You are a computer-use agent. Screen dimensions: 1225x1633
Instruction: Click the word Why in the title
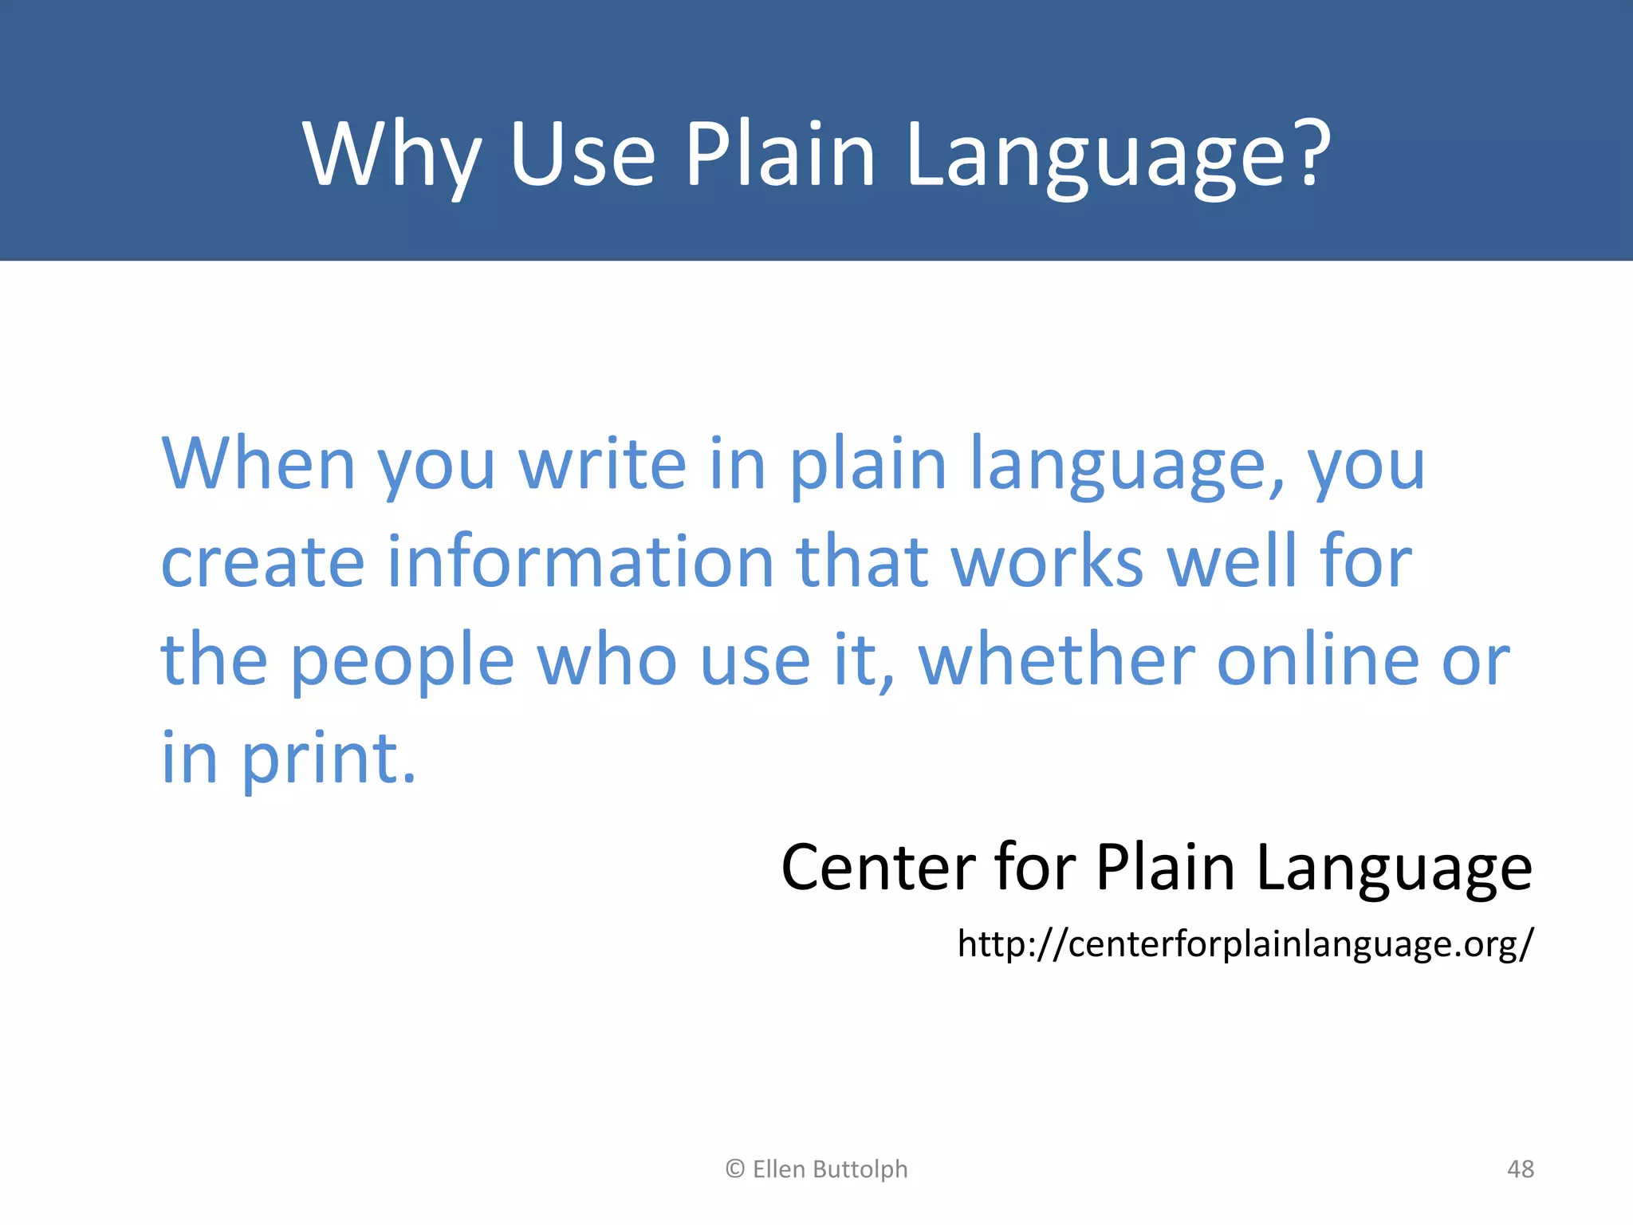[x=392, y=155]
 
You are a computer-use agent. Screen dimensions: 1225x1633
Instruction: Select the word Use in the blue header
[x=582, y=155]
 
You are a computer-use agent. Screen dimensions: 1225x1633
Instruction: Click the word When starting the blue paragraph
[x=258, y=464]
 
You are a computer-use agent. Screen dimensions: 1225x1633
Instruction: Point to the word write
[x=603, y=464]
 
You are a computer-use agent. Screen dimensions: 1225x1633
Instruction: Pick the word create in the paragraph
[x=263, y=562]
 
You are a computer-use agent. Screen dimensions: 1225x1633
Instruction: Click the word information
[x=580, y=562]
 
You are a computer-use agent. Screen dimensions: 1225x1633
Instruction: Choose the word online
[x=1318, y=660]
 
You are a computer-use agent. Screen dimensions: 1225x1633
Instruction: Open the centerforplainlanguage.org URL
[x=1245, y=944]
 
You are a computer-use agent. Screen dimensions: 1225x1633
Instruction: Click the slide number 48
[x=1520, y=1169]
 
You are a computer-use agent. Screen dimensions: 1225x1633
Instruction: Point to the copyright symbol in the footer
[x=734, y=1169]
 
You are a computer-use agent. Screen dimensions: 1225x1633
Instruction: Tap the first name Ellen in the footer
[x=778, y=1169]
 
